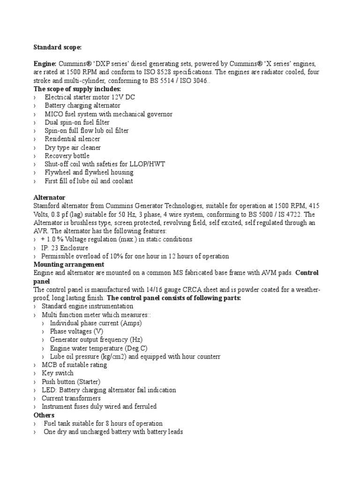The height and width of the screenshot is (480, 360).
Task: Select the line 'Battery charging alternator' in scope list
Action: click(x=82, y=105)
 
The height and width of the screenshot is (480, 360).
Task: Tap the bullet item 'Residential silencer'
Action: click(x=72, y=139)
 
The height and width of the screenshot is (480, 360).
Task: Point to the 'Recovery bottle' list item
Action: click(x=67, y=156)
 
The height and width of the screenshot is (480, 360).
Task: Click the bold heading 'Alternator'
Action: click(x=49, y=198)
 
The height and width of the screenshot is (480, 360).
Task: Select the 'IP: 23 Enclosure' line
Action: click(x=65, y=248)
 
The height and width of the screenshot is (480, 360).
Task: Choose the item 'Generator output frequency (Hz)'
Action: click(x=96, y=340)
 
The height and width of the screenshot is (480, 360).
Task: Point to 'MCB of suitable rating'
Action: click(x=74, y=365)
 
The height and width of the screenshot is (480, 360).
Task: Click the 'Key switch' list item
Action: click(x=58, y=373)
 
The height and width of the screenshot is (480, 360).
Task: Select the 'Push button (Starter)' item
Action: click(x=71, y=382)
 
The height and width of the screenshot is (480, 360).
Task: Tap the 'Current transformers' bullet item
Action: click(x=71, y=398)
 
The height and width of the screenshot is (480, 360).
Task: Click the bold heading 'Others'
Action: click(x=44, y=415)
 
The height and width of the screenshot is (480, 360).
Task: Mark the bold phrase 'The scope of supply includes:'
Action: click(x=77, y=89)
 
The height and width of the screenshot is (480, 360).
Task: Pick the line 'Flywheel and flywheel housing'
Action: click(x=89, y=172)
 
